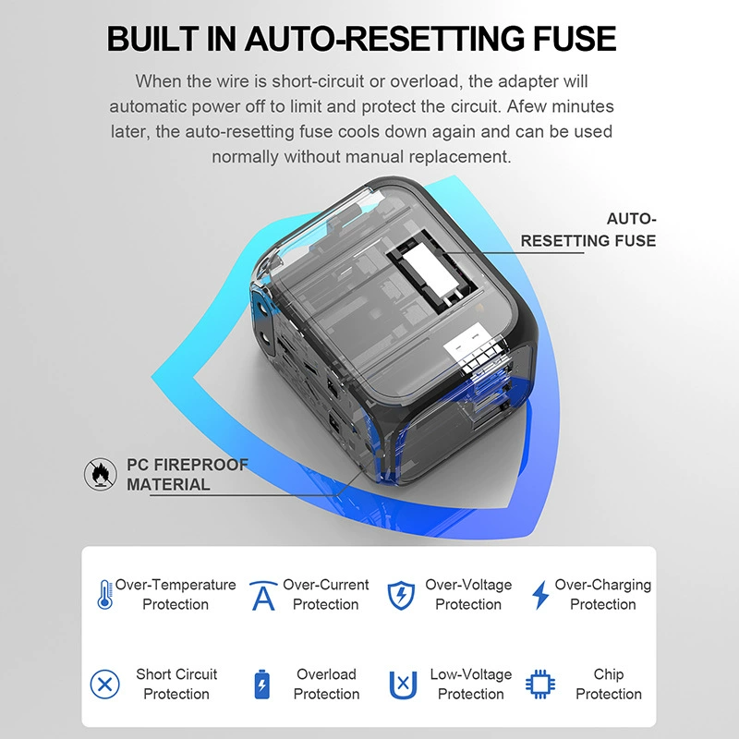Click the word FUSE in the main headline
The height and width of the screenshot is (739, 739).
click(575, 38)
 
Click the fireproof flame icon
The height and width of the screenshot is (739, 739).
click(101, 474)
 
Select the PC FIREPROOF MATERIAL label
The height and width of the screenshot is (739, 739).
click(188, 474)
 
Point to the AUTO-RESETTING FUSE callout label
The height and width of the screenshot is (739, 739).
click(588, 229)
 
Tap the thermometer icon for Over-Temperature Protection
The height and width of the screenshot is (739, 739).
click(104, 594)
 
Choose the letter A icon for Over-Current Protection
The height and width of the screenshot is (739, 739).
click(263, 596)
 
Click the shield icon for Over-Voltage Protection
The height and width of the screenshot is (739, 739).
click(401, 595)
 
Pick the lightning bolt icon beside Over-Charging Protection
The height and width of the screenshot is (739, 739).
click(540, 595)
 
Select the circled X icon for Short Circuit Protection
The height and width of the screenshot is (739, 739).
click(104, 684)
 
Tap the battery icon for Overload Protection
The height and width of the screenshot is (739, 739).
click(262, 684)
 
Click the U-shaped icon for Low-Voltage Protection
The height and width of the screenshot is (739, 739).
click(403, 684)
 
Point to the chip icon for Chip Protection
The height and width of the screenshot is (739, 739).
click(540, 684)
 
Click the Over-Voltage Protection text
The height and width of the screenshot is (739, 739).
click(468, 594)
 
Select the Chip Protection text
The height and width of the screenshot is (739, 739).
click(609, 684)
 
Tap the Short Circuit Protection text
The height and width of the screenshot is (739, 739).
click(176, 684)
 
